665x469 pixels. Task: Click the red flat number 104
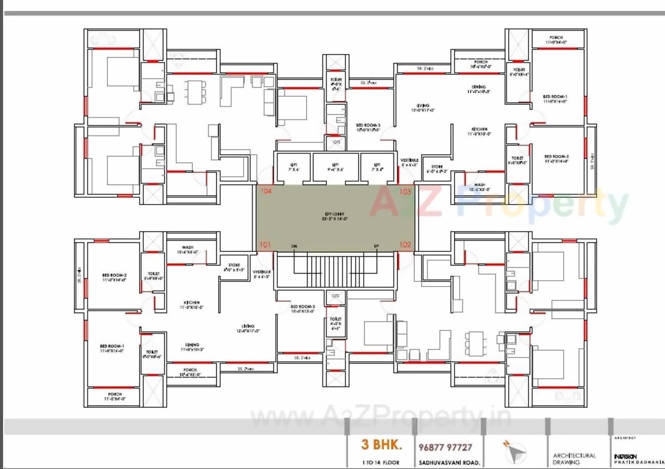point(266,192)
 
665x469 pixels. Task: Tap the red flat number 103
point(405,192)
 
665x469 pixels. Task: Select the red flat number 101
point(265,245)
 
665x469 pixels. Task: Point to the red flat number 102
point(405,245)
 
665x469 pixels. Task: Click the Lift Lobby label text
point(335,216)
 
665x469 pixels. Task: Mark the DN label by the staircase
point(294,246)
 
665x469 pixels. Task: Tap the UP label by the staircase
point(375,246)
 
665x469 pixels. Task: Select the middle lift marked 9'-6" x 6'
point(336,167)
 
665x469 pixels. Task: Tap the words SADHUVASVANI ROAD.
point(448,462)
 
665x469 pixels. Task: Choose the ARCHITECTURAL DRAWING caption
point(574,459)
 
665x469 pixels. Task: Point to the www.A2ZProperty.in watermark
point(380,417)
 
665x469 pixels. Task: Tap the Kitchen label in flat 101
point(191,305)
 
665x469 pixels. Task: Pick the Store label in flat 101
point(233,267)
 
